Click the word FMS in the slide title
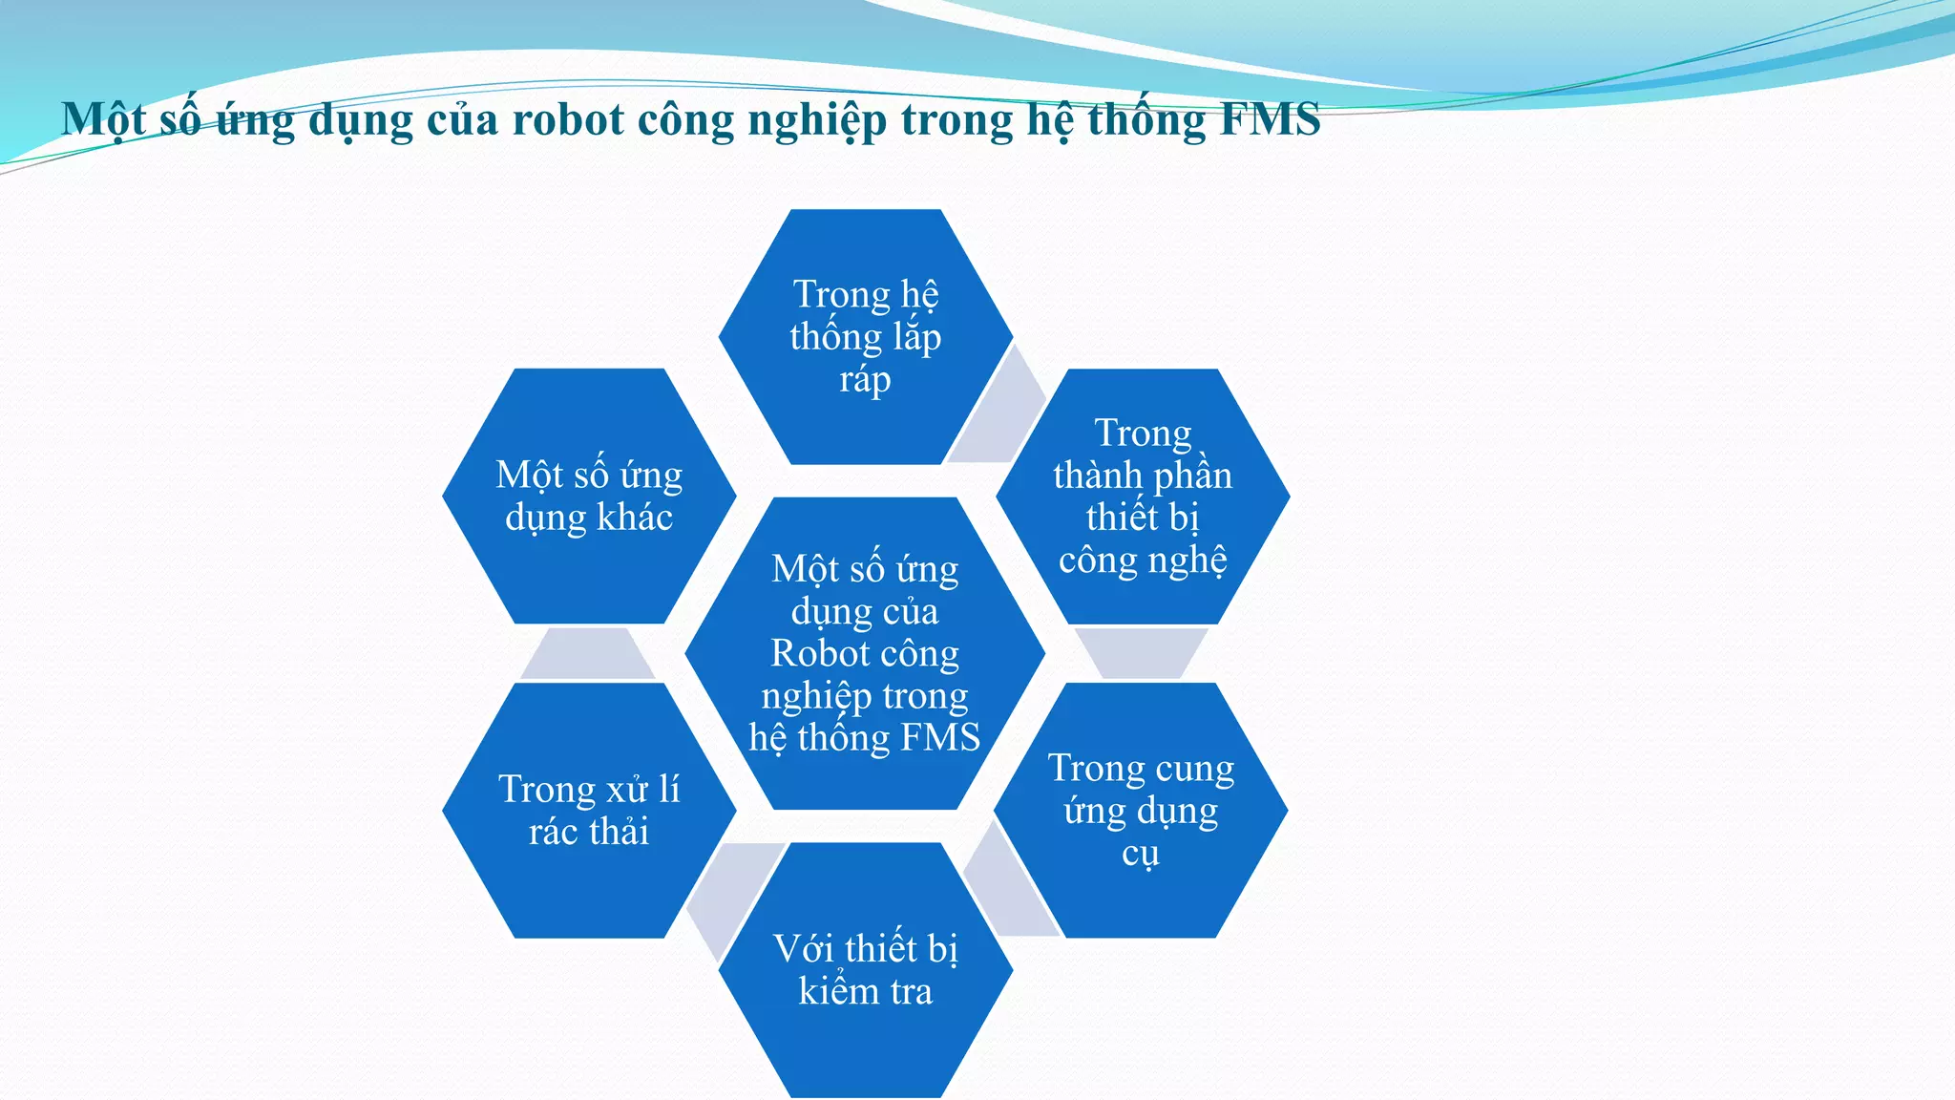coord(1270,120)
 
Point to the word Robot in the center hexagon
coord(812,654)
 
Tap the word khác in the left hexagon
coord(635,518)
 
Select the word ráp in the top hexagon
coord(865,380)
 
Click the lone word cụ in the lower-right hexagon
coord(1141,853)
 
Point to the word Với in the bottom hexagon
coord(803,949)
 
